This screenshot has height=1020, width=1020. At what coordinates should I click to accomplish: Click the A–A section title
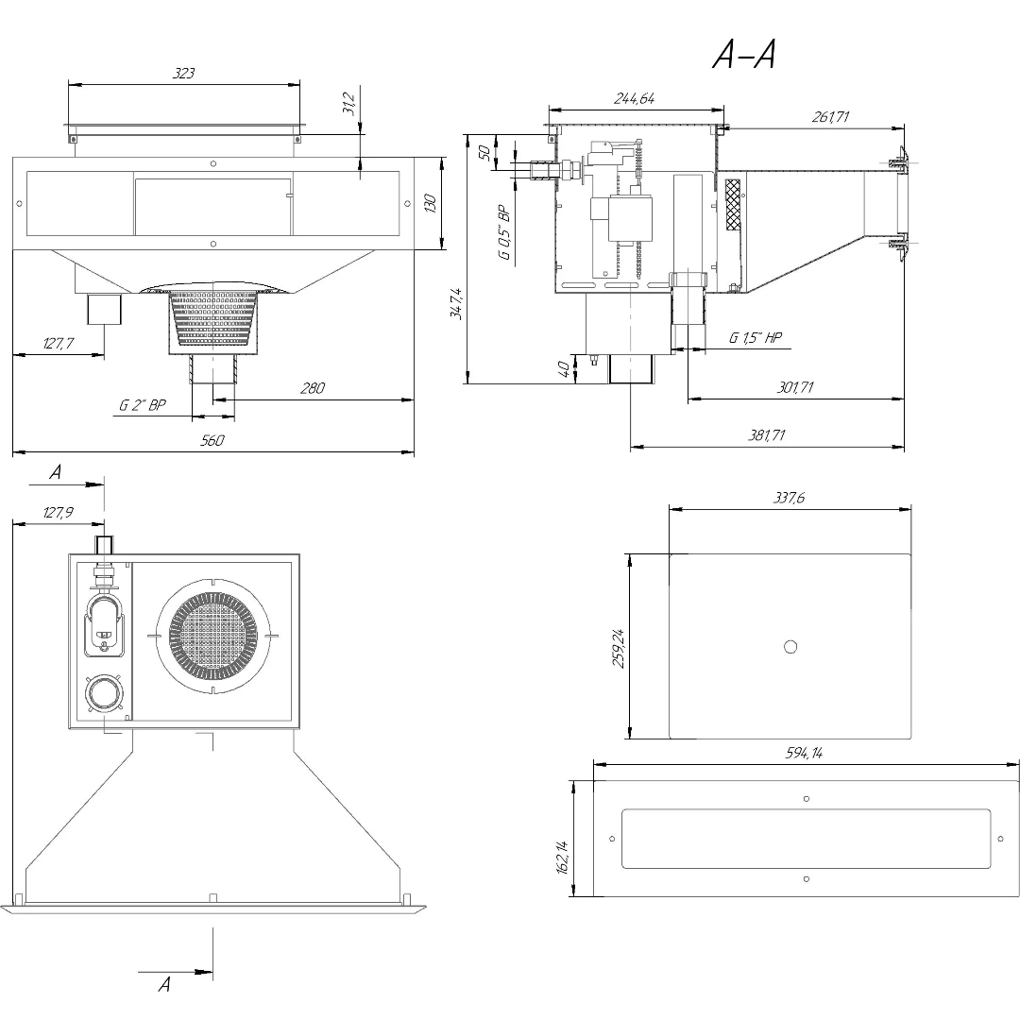(x=744, y=58)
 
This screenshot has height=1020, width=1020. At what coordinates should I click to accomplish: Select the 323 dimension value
(x=184, y=73)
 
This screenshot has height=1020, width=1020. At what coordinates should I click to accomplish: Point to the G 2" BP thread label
(x=143, y=405)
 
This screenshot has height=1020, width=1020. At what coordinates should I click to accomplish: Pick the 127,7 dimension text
(x=59, y=344)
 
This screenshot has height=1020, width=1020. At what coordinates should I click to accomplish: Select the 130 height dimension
(x=431, y=203)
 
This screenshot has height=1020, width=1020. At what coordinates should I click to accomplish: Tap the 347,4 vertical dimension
(x=457, y=304)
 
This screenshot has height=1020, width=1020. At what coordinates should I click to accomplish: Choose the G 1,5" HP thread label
(x=756, y=338)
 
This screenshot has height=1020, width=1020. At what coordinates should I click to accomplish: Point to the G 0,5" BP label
(x=503, y=232)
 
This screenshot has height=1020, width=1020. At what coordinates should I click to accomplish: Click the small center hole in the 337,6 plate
(x=790, y=646)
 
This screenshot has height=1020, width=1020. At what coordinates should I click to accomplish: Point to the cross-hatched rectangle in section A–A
(x=732, y=204)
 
